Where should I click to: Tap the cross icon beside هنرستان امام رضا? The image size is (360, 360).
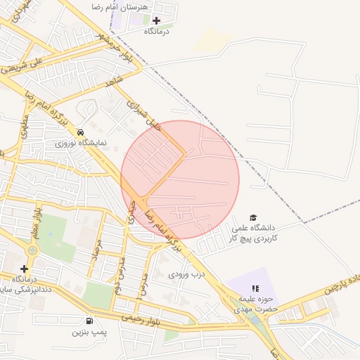pos(155,20)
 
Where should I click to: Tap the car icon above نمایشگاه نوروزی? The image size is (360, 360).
pos(81,131)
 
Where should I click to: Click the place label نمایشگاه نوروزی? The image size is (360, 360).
pos(82,142)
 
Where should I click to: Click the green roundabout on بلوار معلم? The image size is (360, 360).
pos(32,250)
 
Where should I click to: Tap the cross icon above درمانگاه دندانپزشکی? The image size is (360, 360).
pos(25,269)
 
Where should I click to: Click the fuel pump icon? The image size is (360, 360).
pos(89,321)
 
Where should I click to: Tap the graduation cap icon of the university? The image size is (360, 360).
pos(253,218)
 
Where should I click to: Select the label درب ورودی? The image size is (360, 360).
pos(186,274)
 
